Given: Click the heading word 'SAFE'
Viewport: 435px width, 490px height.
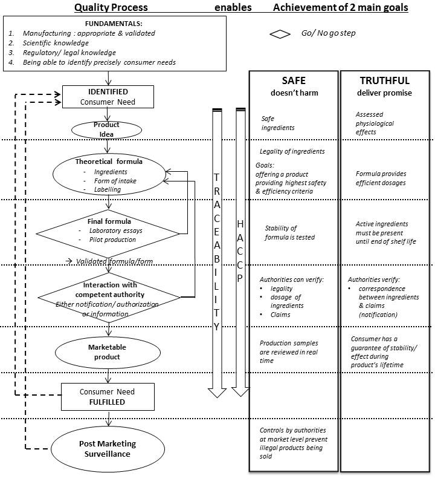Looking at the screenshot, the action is point(294,80).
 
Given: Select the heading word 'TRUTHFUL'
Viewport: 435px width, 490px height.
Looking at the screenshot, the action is point(384,80).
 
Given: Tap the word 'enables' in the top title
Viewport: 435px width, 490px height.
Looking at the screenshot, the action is point(233,7).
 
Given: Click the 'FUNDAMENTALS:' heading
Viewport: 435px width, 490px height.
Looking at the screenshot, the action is point(114,24).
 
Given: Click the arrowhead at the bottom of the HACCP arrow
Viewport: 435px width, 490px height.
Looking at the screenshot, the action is point(240,392).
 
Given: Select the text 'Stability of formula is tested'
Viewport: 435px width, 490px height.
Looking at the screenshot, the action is point(290,233).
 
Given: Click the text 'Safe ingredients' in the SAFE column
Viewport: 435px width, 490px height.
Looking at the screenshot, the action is point(278,123).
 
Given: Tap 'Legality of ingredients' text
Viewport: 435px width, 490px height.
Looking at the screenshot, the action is point(292,152).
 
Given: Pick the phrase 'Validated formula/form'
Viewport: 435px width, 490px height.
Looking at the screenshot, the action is point(115,261).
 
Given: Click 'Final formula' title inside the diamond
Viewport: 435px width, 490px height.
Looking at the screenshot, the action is point(109,221).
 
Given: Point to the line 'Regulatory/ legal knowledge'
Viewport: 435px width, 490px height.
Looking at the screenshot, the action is point(69,53).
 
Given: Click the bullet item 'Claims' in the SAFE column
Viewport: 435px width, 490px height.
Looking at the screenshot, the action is point(280,315).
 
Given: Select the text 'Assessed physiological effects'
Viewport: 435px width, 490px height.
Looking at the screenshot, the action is point(375,123).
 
